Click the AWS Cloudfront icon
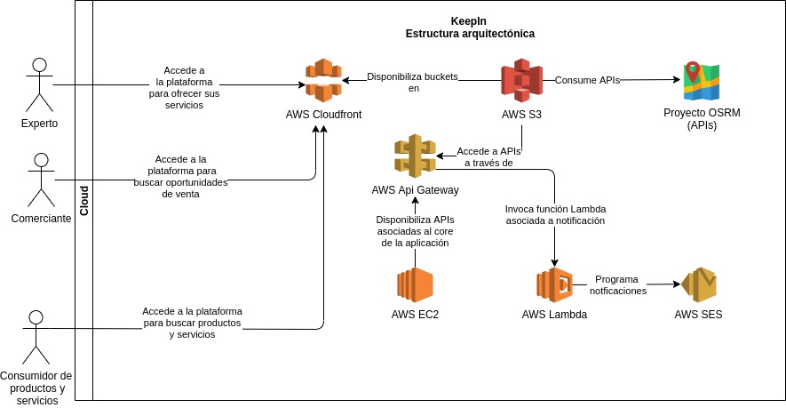tap(323, 81)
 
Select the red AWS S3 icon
tap(521, 81)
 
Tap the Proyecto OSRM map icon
tap(701, 81)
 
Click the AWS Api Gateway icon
tap(415, 156)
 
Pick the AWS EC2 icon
tap(415, 284)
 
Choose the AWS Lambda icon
tap(554, 284)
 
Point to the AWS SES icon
tap(697, 284)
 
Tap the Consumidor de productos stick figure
tap(36, 337)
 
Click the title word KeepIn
tap(469, 20)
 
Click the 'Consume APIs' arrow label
tap(587, 80)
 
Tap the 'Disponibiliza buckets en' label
tap(412, 82)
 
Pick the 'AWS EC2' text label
tap(415, 314)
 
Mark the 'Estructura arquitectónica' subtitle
tap(470, 34)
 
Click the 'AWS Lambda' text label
tap(554, 314)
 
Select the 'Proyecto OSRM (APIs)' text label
tap(701, 119)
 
